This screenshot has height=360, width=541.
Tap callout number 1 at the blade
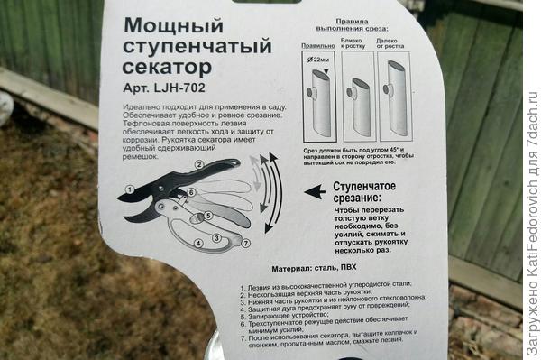pos(129,189)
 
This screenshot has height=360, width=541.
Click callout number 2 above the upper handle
pos(197,165)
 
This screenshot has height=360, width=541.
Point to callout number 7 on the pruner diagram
pos(243,243)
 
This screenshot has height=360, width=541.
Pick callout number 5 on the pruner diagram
pos(208,217)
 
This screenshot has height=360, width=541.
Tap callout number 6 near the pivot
pos(192,192)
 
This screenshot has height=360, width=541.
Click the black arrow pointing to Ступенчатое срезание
pos(314,191)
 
